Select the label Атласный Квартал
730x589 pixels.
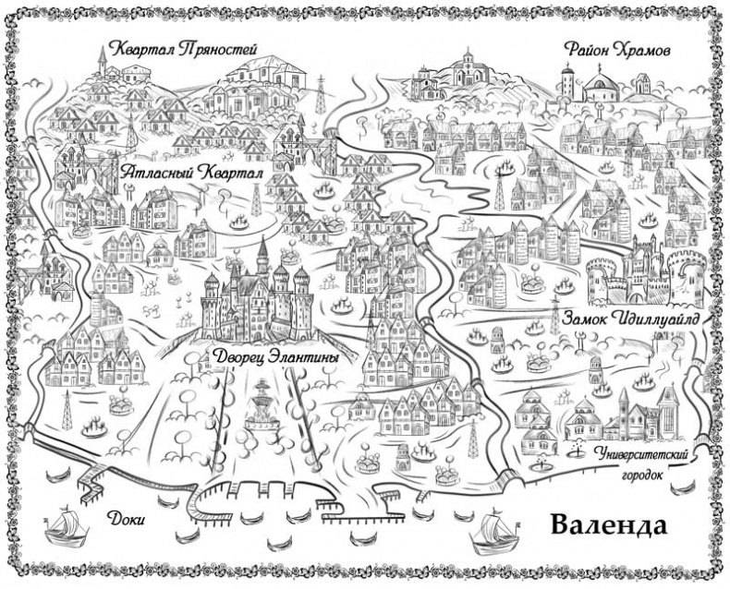192,174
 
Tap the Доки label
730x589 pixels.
128,519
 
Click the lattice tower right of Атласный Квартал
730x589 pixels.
258,199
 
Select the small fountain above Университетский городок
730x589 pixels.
578,449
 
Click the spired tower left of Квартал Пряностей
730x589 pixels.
102,63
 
